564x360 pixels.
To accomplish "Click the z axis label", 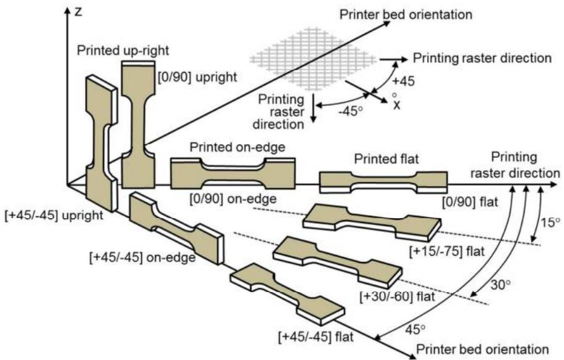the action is (79, 12).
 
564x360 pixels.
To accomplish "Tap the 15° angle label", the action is (550, 223).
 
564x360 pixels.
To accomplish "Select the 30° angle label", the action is (501, 285).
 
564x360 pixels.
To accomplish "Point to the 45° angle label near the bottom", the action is (415, 329).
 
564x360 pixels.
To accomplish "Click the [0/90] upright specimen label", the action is (198, 77).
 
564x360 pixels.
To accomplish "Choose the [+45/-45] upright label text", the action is (54, 215).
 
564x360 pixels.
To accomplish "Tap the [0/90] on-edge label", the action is (233, 199).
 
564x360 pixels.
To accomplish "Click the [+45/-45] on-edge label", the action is (142, 258).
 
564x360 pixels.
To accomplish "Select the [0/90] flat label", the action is (470, 202).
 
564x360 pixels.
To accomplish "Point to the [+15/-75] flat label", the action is (447, 251).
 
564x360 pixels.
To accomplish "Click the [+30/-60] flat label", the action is (398, 297).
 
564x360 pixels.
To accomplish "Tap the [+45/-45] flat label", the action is (316, 337).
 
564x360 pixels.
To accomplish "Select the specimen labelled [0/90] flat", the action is (384, 182).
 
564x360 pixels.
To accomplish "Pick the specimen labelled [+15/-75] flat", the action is (372, 223).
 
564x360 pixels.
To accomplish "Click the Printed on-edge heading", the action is (237, 147).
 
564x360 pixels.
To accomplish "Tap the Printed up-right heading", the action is (123, 51).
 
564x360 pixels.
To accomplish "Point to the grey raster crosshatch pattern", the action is (313, 59).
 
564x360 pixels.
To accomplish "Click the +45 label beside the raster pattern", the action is (403, 81).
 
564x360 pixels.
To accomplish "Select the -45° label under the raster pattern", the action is (350, 111).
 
